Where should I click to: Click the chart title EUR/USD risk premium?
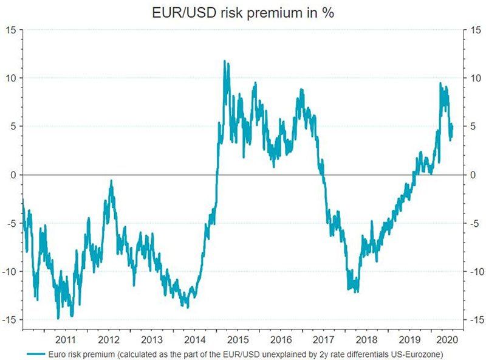242,12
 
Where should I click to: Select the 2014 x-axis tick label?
193,339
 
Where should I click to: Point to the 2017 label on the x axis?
323,339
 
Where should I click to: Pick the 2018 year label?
366,339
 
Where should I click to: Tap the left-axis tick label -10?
10,271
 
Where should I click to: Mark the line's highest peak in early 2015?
224,61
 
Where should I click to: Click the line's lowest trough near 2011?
58,318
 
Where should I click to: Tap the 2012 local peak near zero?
111,181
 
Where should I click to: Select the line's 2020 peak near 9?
440,83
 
